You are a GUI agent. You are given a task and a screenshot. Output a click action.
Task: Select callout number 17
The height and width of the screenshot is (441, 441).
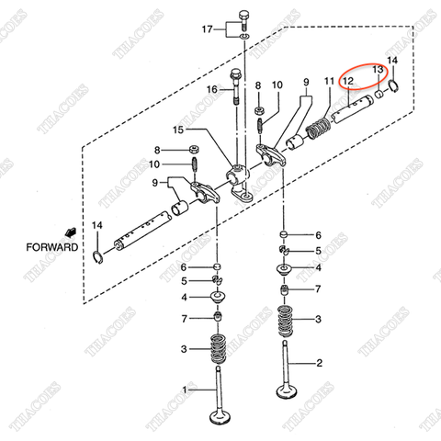click(x=207, y=29)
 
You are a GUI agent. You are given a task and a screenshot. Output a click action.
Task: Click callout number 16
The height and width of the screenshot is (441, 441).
click(x=211, y=89)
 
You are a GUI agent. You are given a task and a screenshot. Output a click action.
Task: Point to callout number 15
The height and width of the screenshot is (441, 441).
click(x=204, y=130)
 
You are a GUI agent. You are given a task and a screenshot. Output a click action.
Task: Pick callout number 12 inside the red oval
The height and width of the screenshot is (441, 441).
click(x=348, y=82)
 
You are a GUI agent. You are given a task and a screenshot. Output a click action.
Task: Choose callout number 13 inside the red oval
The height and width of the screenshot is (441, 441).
click(x=377, y=70)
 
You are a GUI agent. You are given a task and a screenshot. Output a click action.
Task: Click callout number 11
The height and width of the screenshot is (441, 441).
click(x=328, y=82)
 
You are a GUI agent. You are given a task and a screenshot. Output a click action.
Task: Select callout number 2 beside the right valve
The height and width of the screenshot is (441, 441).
click(x=320, y=364)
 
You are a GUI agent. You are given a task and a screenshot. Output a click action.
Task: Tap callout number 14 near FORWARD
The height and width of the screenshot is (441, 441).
click(x=96, y=226)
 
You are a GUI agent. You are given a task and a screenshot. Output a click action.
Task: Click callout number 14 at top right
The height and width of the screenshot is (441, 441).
click(x=393, y=61)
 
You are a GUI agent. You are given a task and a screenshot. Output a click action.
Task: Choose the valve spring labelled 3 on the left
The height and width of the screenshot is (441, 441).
click(x=220, y=348)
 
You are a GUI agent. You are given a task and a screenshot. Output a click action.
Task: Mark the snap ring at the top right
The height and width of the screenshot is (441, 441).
click(x=393, y=86)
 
